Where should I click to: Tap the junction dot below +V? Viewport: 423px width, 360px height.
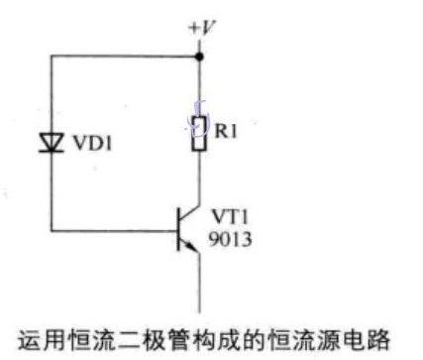pyautogui.click(x=200, y=58)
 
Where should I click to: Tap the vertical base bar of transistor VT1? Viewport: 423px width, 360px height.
pyautogui.click(x=182, y=230)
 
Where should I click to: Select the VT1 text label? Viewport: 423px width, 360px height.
pyautogui.click(x=227, y=215)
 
